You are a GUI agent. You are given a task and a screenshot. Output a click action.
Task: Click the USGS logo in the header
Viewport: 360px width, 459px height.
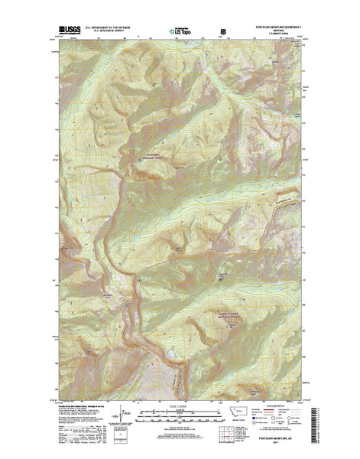[x=66, y=32]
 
